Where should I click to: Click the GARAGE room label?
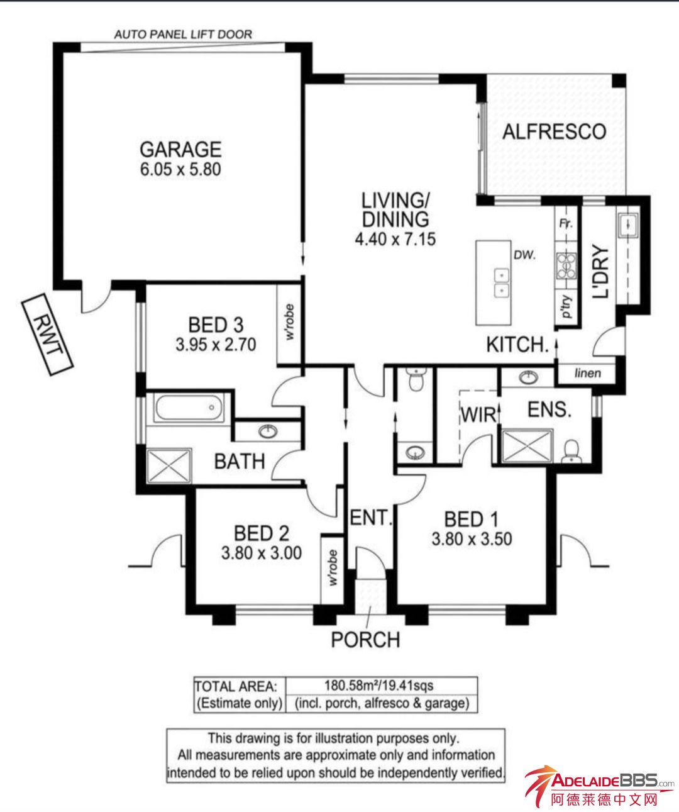pos(180,149)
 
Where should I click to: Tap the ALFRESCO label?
pos(555,132)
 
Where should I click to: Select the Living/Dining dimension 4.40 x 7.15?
pos(395,239)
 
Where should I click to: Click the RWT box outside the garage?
pos(47,335)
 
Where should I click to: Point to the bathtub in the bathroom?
pos(189,408)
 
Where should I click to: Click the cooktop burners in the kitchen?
pos(566,266)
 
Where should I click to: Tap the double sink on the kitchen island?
pos(502,282)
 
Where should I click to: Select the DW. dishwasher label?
pos(525,255)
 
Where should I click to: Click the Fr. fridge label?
pos(566,224)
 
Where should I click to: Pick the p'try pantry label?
pos(567,307)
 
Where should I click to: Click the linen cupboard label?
pos(588,374)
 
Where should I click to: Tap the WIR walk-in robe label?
pos(478,415)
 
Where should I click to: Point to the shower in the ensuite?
pos(527,446)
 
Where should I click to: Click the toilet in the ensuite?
pos(571,452)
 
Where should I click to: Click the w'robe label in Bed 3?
pos(290,323)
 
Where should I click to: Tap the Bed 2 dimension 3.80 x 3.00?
pos(262,553)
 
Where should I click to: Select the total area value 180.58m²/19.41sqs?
pos(379,685)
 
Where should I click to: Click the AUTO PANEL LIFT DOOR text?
pos(183,35)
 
